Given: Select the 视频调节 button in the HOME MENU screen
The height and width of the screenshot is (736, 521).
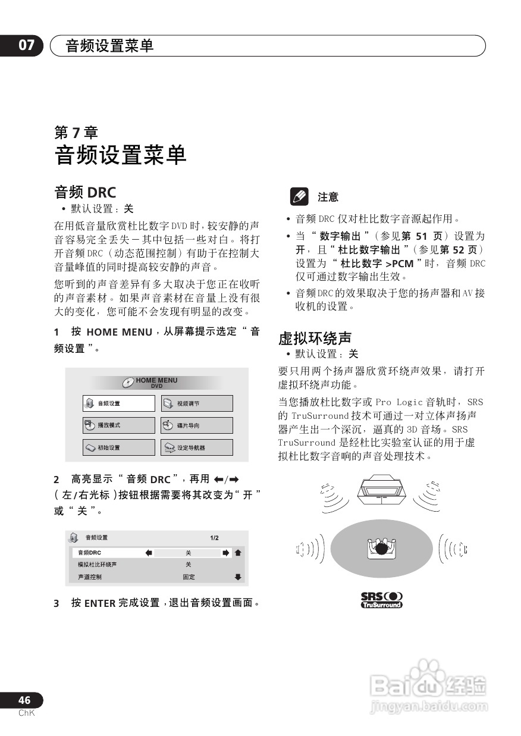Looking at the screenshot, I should [197, 403].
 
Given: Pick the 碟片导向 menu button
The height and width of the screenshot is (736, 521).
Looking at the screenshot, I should [197, 425].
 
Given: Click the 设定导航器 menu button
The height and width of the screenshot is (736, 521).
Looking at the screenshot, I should [197, 447].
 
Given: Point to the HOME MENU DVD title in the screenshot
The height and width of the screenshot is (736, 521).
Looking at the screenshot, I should [156, 383].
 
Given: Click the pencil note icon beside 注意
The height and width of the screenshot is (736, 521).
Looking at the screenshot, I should [299, 196].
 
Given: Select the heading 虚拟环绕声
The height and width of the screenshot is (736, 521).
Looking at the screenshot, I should [315, 339].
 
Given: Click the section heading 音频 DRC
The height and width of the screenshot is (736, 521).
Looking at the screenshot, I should [85, 192].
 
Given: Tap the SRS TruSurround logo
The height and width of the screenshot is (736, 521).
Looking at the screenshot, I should [381, 600].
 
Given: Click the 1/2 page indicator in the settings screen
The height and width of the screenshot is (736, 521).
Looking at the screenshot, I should [214, 538].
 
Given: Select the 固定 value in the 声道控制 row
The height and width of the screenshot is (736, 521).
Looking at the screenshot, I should [189, 577].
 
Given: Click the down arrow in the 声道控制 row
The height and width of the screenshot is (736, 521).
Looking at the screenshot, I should [238, 577].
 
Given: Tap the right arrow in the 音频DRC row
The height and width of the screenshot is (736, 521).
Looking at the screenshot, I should [226, 553].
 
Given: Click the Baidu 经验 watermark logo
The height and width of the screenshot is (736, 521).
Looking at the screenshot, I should [428, 684].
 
